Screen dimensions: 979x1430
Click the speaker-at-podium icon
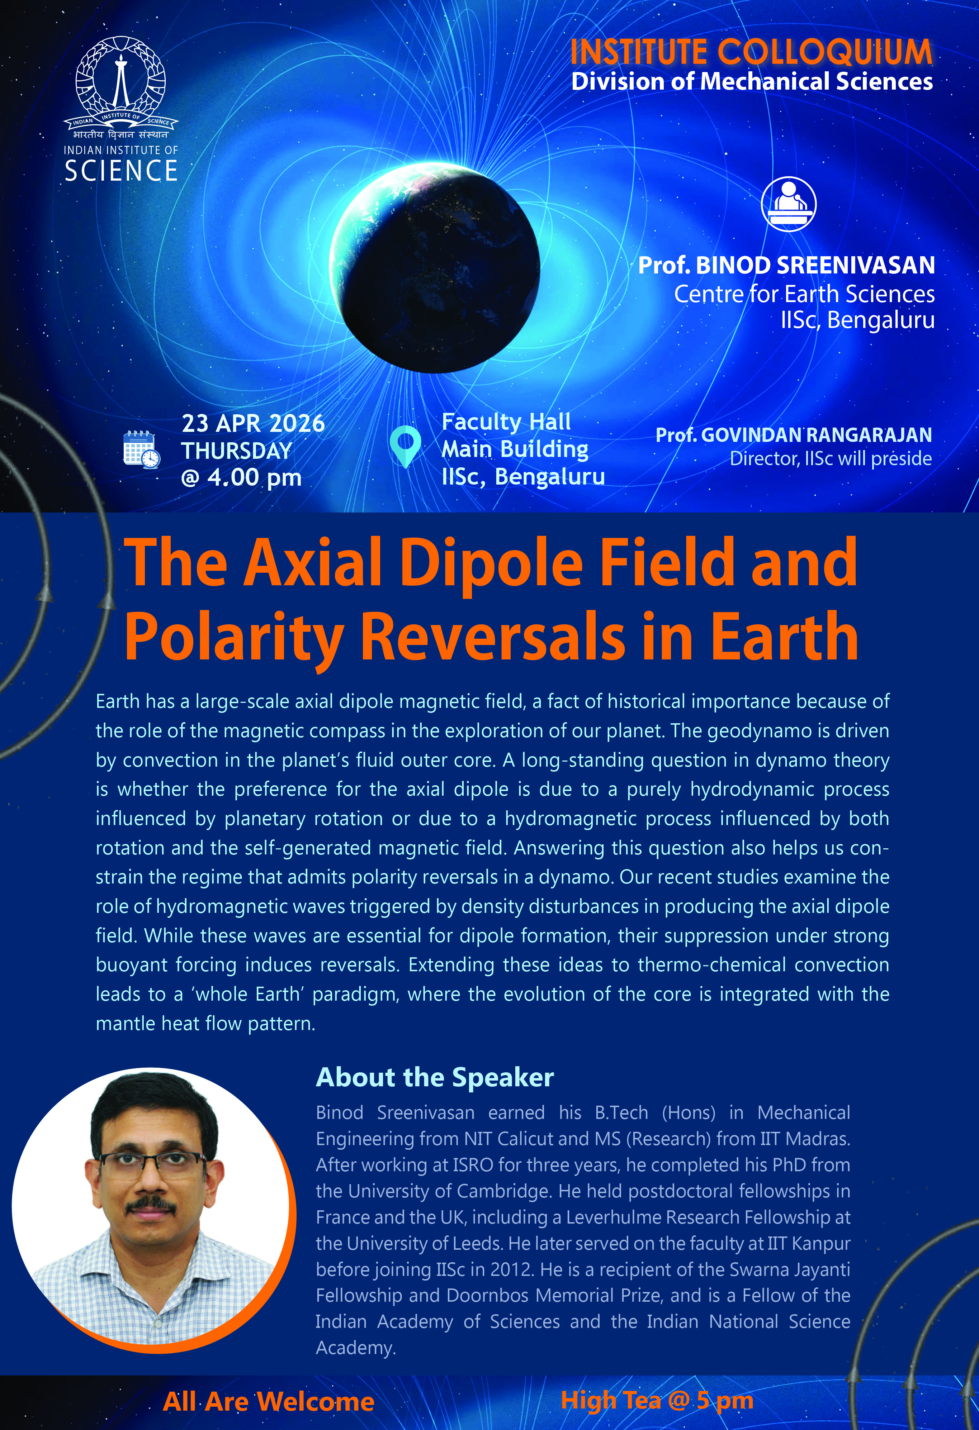pyautogui.click(x=789, y=204)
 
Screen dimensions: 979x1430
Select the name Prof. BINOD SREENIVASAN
pyautogui.click(x=786, y=265)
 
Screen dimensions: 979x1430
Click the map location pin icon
pyautogui.click(x=405, y=446)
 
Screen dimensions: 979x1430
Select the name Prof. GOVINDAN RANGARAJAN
pyautogui.click(x=794, y=435)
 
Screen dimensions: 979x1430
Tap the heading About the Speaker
pyautogui.click(x=435, y=1077)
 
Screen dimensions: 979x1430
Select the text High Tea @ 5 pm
pyautogui.click(x=657, y=1401)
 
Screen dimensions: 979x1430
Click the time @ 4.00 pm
pyautogui.click(x=241, y=477)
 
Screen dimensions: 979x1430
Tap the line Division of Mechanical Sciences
pyautogui.click(x=752, y=82)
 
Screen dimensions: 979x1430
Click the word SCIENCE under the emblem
pyautogui.click(x=121, y=171)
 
